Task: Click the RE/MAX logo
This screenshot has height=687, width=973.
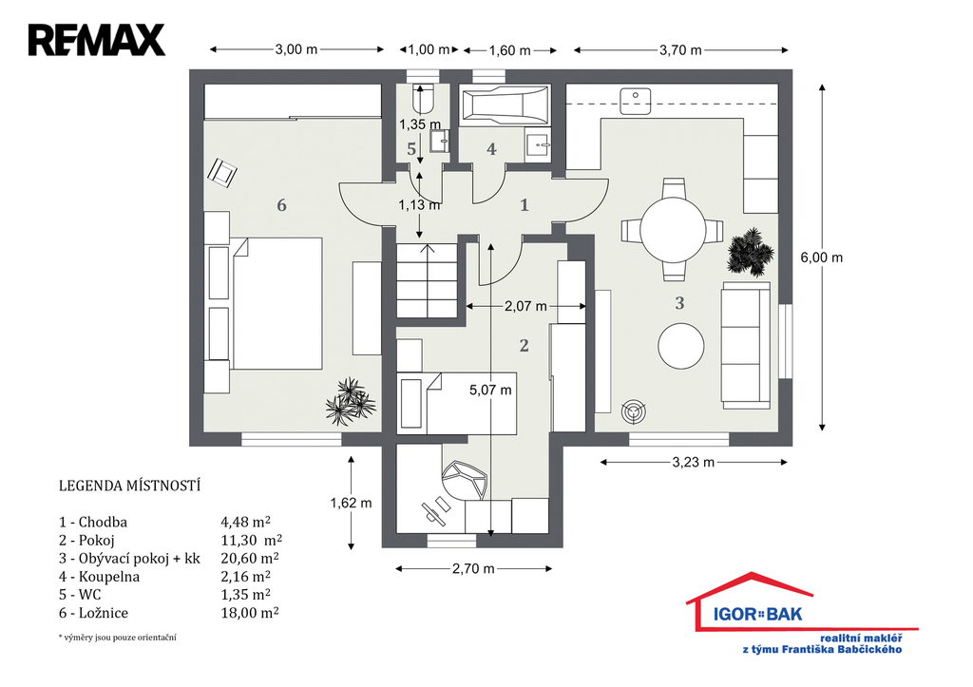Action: (97, 40)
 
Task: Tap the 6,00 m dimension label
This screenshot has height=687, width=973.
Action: (822, 258)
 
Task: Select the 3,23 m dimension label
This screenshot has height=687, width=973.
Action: (693, 463)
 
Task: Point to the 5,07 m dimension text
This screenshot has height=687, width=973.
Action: (490, 390)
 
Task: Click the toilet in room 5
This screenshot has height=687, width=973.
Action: (423, 99)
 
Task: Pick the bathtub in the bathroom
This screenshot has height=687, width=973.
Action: (506, 105)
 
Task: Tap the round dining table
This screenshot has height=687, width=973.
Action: (673, 229)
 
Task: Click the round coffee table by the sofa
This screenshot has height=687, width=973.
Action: (680, 346)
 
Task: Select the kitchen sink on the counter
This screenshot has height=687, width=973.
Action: (636, 101)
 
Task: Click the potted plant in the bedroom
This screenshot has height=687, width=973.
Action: (351, 402)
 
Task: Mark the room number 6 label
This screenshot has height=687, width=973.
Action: (281, 205)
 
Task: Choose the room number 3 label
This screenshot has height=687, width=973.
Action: (679, 303)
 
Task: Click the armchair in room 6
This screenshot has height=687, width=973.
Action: (221, 172)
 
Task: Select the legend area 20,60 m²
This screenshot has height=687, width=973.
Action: (250, 558)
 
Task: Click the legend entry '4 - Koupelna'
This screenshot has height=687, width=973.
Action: (99, 577)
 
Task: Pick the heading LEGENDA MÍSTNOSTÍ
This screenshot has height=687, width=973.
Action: (129, 486)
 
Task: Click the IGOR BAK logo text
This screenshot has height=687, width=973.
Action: (757, 615)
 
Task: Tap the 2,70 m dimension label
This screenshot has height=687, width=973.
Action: (473, 568)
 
